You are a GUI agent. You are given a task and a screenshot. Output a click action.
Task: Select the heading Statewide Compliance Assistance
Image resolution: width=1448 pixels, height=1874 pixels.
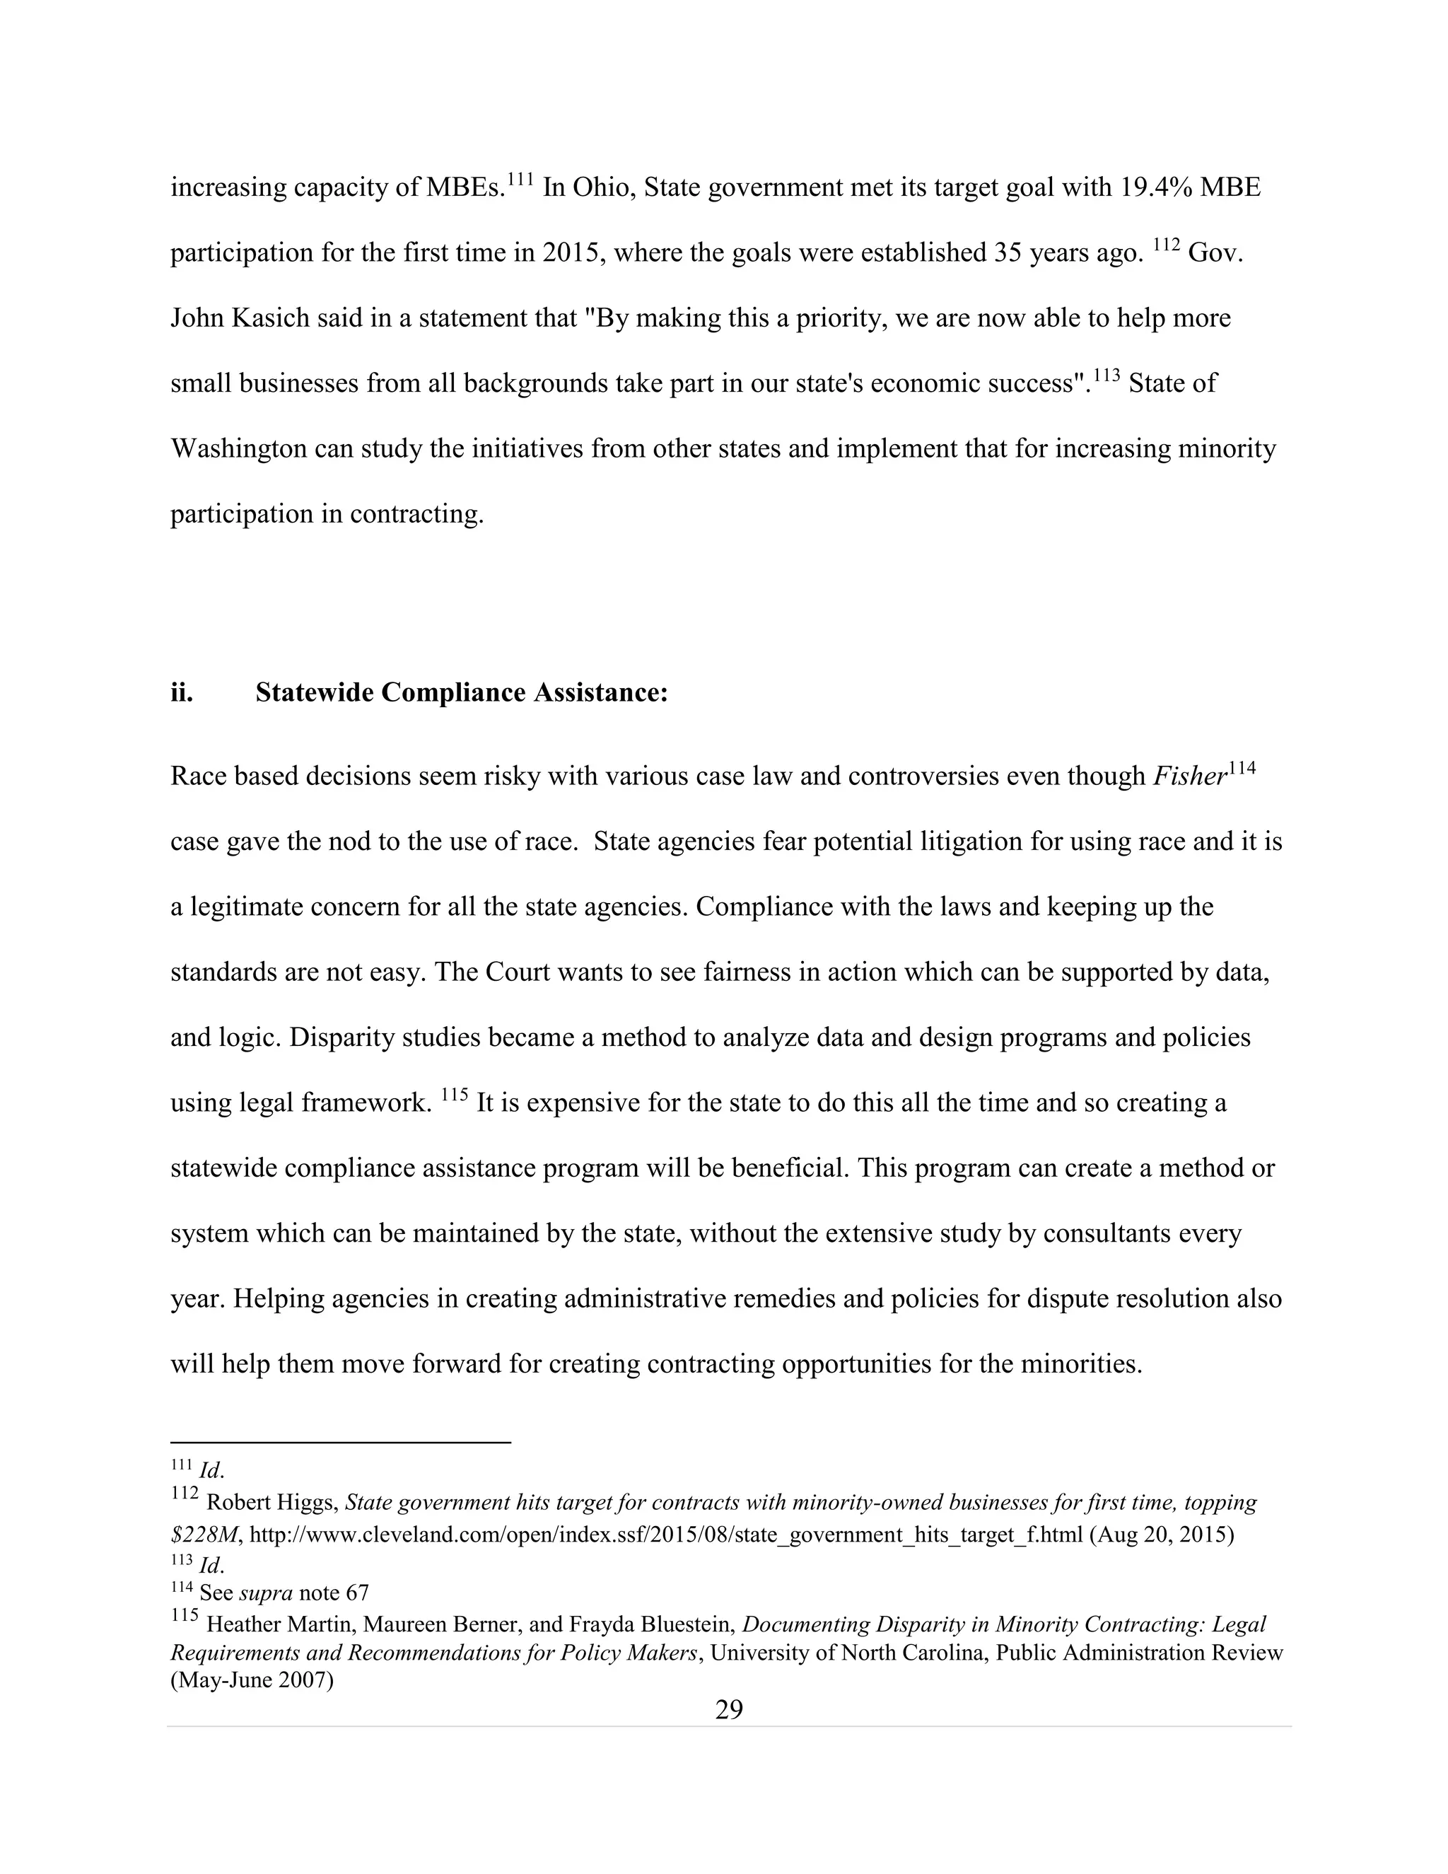(462, 692)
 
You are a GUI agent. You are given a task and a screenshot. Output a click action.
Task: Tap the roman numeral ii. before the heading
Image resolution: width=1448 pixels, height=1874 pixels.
(181, 692)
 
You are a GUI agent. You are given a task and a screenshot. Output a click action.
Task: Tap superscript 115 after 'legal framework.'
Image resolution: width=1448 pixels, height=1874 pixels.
(455, 1095)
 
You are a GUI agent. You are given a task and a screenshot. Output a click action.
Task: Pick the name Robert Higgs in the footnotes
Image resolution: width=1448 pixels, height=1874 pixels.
(274, 1503)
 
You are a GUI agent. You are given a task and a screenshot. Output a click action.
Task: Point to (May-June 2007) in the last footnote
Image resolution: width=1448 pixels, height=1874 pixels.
(251, 1680)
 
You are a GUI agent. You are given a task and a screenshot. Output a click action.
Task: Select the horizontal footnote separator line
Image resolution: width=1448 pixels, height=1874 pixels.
(341, 1443)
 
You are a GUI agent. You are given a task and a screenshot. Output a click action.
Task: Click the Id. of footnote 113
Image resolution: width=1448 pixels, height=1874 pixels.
(211, 1564)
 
